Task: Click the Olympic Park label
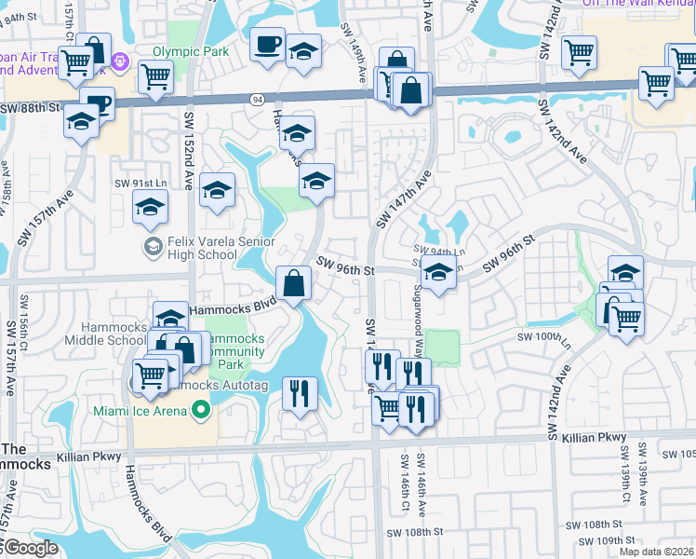(x=191, y=52)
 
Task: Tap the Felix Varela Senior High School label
(x=202, y=247)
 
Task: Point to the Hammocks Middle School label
(x=113, y=334)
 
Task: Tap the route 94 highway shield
(x=256, y=99)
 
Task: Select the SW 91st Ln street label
(x=139, y=184)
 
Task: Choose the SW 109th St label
(x=605, y=540)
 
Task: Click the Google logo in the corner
(x=30, y=548)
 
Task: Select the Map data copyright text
(x=656, y=552)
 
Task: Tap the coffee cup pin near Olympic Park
(x=267, y=44)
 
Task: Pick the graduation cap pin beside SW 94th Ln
(x=437, y=273)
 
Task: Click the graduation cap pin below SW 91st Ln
(x=149, y=208)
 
